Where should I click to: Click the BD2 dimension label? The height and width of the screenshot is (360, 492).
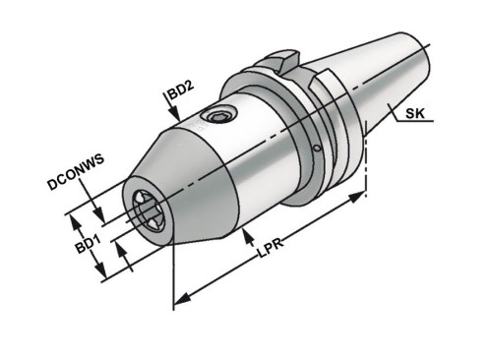click(181, 90)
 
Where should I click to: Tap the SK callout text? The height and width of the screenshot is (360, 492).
click(415, 113)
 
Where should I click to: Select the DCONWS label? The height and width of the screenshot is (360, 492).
click(76, 171)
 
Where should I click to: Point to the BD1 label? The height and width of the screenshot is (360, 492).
click(88, 244)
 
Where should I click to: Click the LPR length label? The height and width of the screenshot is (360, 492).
click(271, 249)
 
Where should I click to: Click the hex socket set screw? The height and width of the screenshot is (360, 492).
click(218, 116)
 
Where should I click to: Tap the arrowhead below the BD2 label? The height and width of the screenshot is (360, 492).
click(175, 116)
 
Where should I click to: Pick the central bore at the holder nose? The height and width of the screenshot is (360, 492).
click(148, 210)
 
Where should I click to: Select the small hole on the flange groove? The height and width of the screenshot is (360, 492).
click(317, 148)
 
